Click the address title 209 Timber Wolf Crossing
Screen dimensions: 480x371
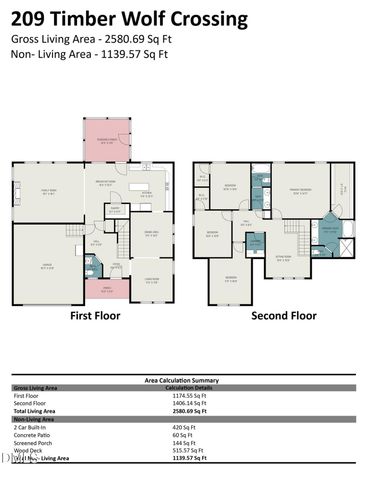pos(130,18)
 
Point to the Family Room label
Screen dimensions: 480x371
pos(47,192)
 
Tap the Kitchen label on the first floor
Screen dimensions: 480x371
pos(146,194)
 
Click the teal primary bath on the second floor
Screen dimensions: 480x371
pos(328,230)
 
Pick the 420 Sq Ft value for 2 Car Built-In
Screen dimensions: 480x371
pos(182,426)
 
